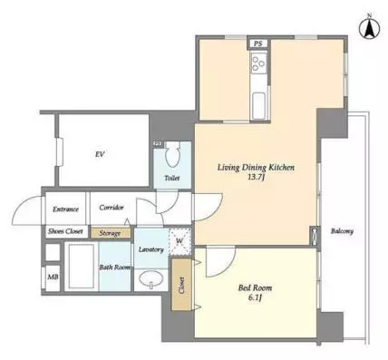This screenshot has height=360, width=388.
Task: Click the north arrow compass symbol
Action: tap(369, 28)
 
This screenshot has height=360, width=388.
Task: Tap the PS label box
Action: tap(257, 44)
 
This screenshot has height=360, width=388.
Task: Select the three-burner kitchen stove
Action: tap(258, 63)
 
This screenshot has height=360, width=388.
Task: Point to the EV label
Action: tap(100, 154)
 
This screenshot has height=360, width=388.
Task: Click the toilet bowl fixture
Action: tap(172, 155)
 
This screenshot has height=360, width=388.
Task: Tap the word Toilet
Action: tap(172, 178)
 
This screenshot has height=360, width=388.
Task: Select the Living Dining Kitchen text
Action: tap(256, 168)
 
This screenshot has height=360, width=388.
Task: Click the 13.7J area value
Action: tap(256, 177)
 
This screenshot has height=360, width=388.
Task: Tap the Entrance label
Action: tap(65, 209)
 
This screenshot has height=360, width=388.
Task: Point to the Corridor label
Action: tap(112, 208)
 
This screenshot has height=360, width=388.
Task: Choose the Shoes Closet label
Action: tap(65, 231)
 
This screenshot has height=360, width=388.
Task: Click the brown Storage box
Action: tap(112, 233)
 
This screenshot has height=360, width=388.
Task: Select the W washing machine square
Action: tap(179, 241)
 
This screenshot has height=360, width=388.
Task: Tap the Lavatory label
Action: tap(151, 249)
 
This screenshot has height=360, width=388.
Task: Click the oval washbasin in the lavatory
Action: tap(151, 279)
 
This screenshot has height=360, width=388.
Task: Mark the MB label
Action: tap(53, 277)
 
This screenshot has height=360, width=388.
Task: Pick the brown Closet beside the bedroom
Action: tap(181, 285)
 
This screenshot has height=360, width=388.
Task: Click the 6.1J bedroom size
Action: tap(255, 297)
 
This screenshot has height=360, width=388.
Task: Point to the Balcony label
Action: tap(342, 231)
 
